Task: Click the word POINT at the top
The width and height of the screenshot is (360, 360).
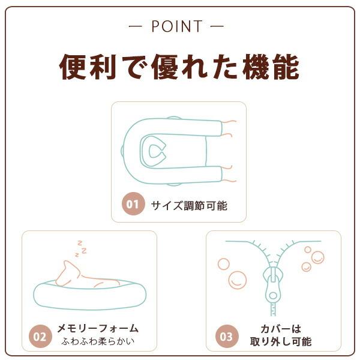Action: click(177, 27)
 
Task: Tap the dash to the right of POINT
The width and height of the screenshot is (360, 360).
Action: click(218, 27)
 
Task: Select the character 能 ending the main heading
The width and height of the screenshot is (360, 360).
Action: click(284, 67)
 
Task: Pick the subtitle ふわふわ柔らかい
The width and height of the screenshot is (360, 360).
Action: click(98, 343)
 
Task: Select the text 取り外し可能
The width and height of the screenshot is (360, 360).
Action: click(280, 343)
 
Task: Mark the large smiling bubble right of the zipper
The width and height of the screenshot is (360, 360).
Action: click(317, 257)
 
